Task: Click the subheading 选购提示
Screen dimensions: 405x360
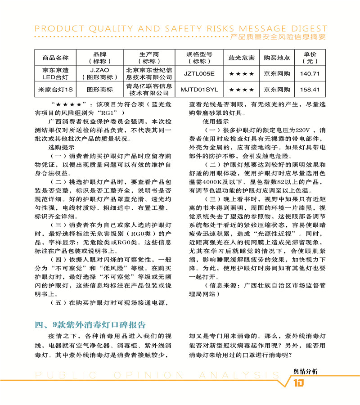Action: (x=61, y=147)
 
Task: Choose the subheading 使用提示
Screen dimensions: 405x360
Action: (x=216, y=121)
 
